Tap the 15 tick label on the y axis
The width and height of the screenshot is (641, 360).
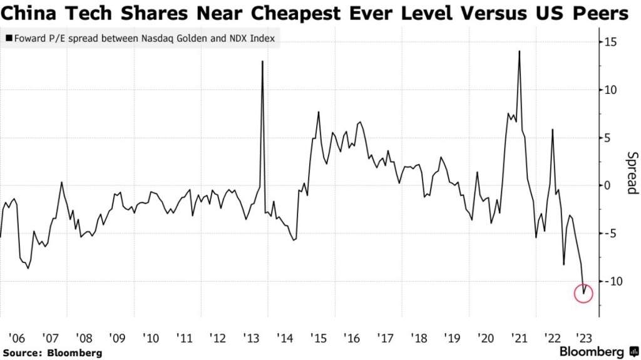click(x=609, y=42)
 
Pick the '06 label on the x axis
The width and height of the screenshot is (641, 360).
click(x=16, y=338)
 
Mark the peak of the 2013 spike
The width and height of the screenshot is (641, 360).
click(x=262, y=61)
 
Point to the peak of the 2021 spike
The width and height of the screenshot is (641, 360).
click(x=520, y=51)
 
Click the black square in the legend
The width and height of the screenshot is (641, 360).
click(x=9, y=39)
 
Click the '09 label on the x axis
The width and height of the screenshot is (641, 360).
click(x=117, y=338)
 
